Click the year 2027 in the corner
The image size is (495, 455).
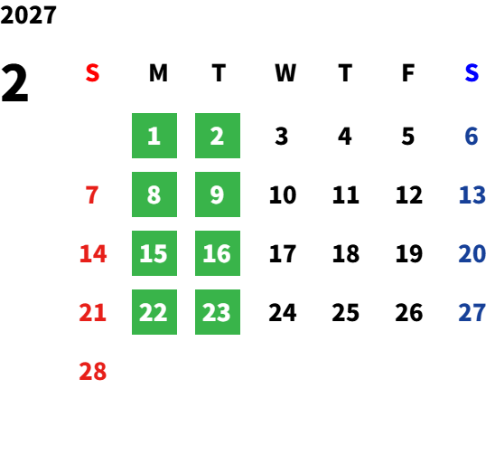coord(28,15)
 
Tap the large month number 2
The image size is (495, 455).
coord(14,83)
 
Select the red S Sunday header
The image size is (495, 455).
coord(92,73)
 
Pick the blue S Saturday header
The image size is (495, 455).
coord(472,73)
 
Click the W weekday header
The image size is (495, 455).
coord(285,73)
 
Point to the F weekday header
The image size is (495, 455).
coord(408,73)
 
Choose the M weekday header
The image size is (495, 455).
coord(158,73)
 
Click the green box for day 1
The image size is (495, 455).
coord(154,136)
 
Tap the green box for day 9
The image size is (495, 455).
coord(218,194)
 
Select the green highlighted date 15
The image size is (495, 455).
coord(154,253)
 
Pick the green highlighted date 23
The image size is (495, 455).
coord(218,312)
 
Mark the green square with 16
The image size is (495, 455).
coord(218,253)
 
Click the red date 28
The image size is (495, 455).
coord(93,371)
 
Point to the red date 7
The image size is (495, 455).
coord(92,194)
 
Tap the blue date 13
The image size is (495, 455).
coord(472,194)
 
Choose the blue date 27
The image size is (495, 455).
coord(472,312)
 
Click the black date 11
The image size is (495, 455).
coord(346,194)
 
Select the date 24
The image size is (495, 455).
coord(283,312)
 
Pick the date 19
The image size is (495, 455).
coord(409,253)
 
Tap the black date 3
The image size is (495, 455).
coord(282,137)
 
